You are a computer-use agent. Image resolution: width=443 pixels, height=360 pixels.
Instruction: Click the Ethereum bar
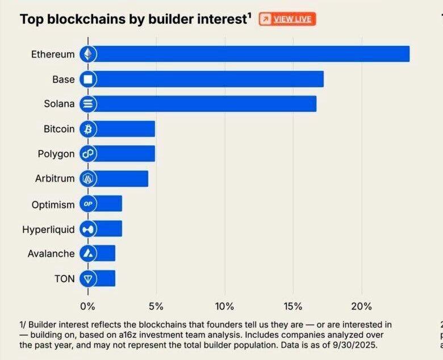(250, 54)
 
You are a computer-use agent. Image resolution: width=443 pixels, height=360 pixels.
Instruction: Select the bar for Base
(207, 79)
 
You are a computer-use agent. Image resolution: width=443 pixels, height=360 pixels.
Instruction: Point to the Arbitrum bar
(120, 178)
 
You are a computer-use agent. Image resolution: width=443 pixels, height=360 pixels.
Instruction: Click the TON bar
(105, 278)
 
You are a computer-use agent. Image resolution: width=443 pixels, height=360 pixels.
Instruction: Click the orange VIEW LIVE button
(287, 19)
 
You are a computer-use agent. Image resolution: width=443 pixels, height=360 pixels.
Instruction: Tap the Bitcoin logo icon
(88, 129)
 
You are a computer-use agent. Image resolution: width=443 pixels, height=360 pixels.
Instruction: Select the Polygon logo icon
(88, 154)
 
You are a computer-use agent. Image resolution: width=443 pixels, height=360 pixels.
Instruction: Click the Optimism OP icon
(88, 203)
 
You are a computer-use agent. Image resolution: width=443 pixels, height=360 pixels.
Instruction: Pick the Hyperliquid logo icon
(88, 228)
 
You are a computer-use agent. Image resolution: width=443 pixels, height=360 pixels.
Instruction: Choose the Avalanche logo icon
(88, 253)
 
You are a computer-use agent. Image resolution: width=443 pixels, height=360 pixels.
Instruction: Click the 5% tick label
(156, 307)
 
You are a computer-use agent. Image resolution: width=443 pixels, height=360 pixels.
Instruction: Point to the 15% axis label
(293, 307)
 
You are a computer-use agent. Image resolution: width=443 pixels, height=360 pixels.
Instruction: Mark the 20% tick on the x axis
(361, 307)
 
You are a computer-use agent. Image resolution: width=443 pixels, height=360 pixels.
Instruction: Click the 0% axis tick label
(88, 307)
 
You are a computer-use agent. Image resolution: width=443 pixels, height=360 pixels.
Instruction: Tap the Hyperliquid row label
(48, 229)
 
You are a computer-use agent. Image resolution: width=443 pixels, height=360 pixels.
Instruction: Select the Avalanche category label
(51, 254)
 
